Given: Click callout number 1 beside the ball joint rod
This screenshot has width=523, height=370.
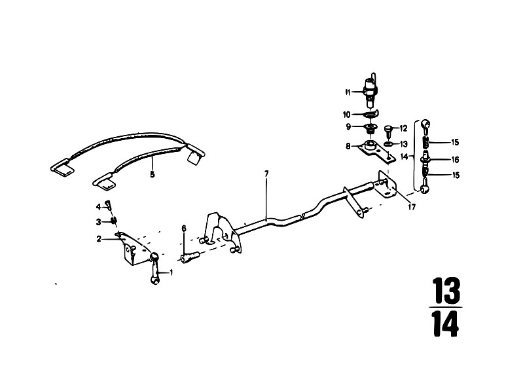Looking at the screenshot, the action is click(171, 272).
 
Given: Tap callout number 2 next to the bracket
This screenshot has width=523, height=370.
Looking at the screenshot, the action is click(99, 239).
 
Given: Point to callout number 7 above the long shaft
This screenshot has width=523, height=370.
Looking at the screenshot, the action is click(266, 174).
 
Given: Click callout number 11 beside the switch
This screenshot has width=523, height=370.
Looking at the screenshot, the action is click(348, 92).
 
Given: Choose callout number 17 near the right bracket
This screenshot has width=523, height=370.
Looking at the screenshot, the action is click(412, 207).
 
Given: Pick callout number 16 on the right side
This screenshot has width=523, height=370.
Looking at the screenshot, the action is click(455, 160).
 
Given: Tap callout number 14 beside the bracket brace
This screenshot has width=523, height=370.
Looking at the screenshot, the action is click(405, 156).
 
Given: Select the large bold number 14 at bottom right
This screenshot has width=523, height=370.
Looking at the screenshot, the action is click(446, 324).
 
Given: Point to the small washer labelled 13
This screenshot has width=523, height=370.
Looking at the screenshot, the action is click(388, 144).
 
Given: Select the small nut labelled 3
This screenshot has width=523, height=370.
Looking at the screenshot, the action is click(114, 221).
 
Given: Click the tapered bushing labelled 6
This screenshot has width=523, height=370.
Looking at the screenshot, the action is click(190, 257).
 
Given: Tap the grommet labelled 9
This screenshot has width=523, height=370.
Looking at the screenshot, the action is click(370, 128).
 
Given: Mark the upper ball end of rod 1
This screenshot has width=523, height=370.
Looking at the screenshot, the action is click(154, 257).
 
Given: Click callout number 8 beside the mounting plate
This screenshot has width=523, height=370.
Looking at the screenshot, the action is click(348, 146).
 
